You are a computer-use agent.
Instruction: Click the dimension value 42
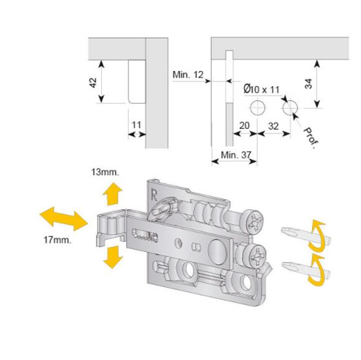tap(93, 82)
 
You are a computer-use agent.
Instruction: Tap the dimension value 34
tap(308, 84)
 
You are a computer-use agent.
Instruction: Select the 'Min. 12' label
tap(188, 75)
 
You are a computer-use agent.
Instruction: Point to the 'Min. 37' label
tap(236, 155)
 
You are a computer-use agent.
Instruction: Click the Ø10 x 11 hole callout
tap(262, 89)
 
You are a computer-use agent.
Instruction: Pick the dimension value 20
tap(244, 126)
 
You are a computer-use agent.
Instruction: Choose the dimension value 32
tap(274, 126)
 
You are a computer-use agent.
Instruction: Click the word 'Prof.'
tap(311, 138)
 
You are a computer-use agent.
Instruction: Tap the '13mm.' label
tap(105, 172)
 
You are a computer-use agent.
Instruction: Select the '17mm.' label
tap(58, 240)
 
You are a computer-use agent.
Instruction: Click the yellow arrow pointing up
tap(112, 194)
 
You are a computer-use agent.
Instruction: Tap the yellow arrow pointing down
tap(112, 257)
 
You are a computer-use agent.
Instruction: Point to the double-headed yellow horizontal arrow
tap(64, 219)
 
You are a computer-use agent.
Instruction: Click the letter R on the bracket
tap(154, 195)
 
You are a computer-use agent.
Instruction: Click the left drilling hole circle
tap(257, 107)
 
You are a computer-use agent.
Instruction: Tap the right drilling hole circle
tap(290, 107)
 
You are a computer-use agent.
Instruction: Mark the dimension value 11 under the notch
tap(136, 125)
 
